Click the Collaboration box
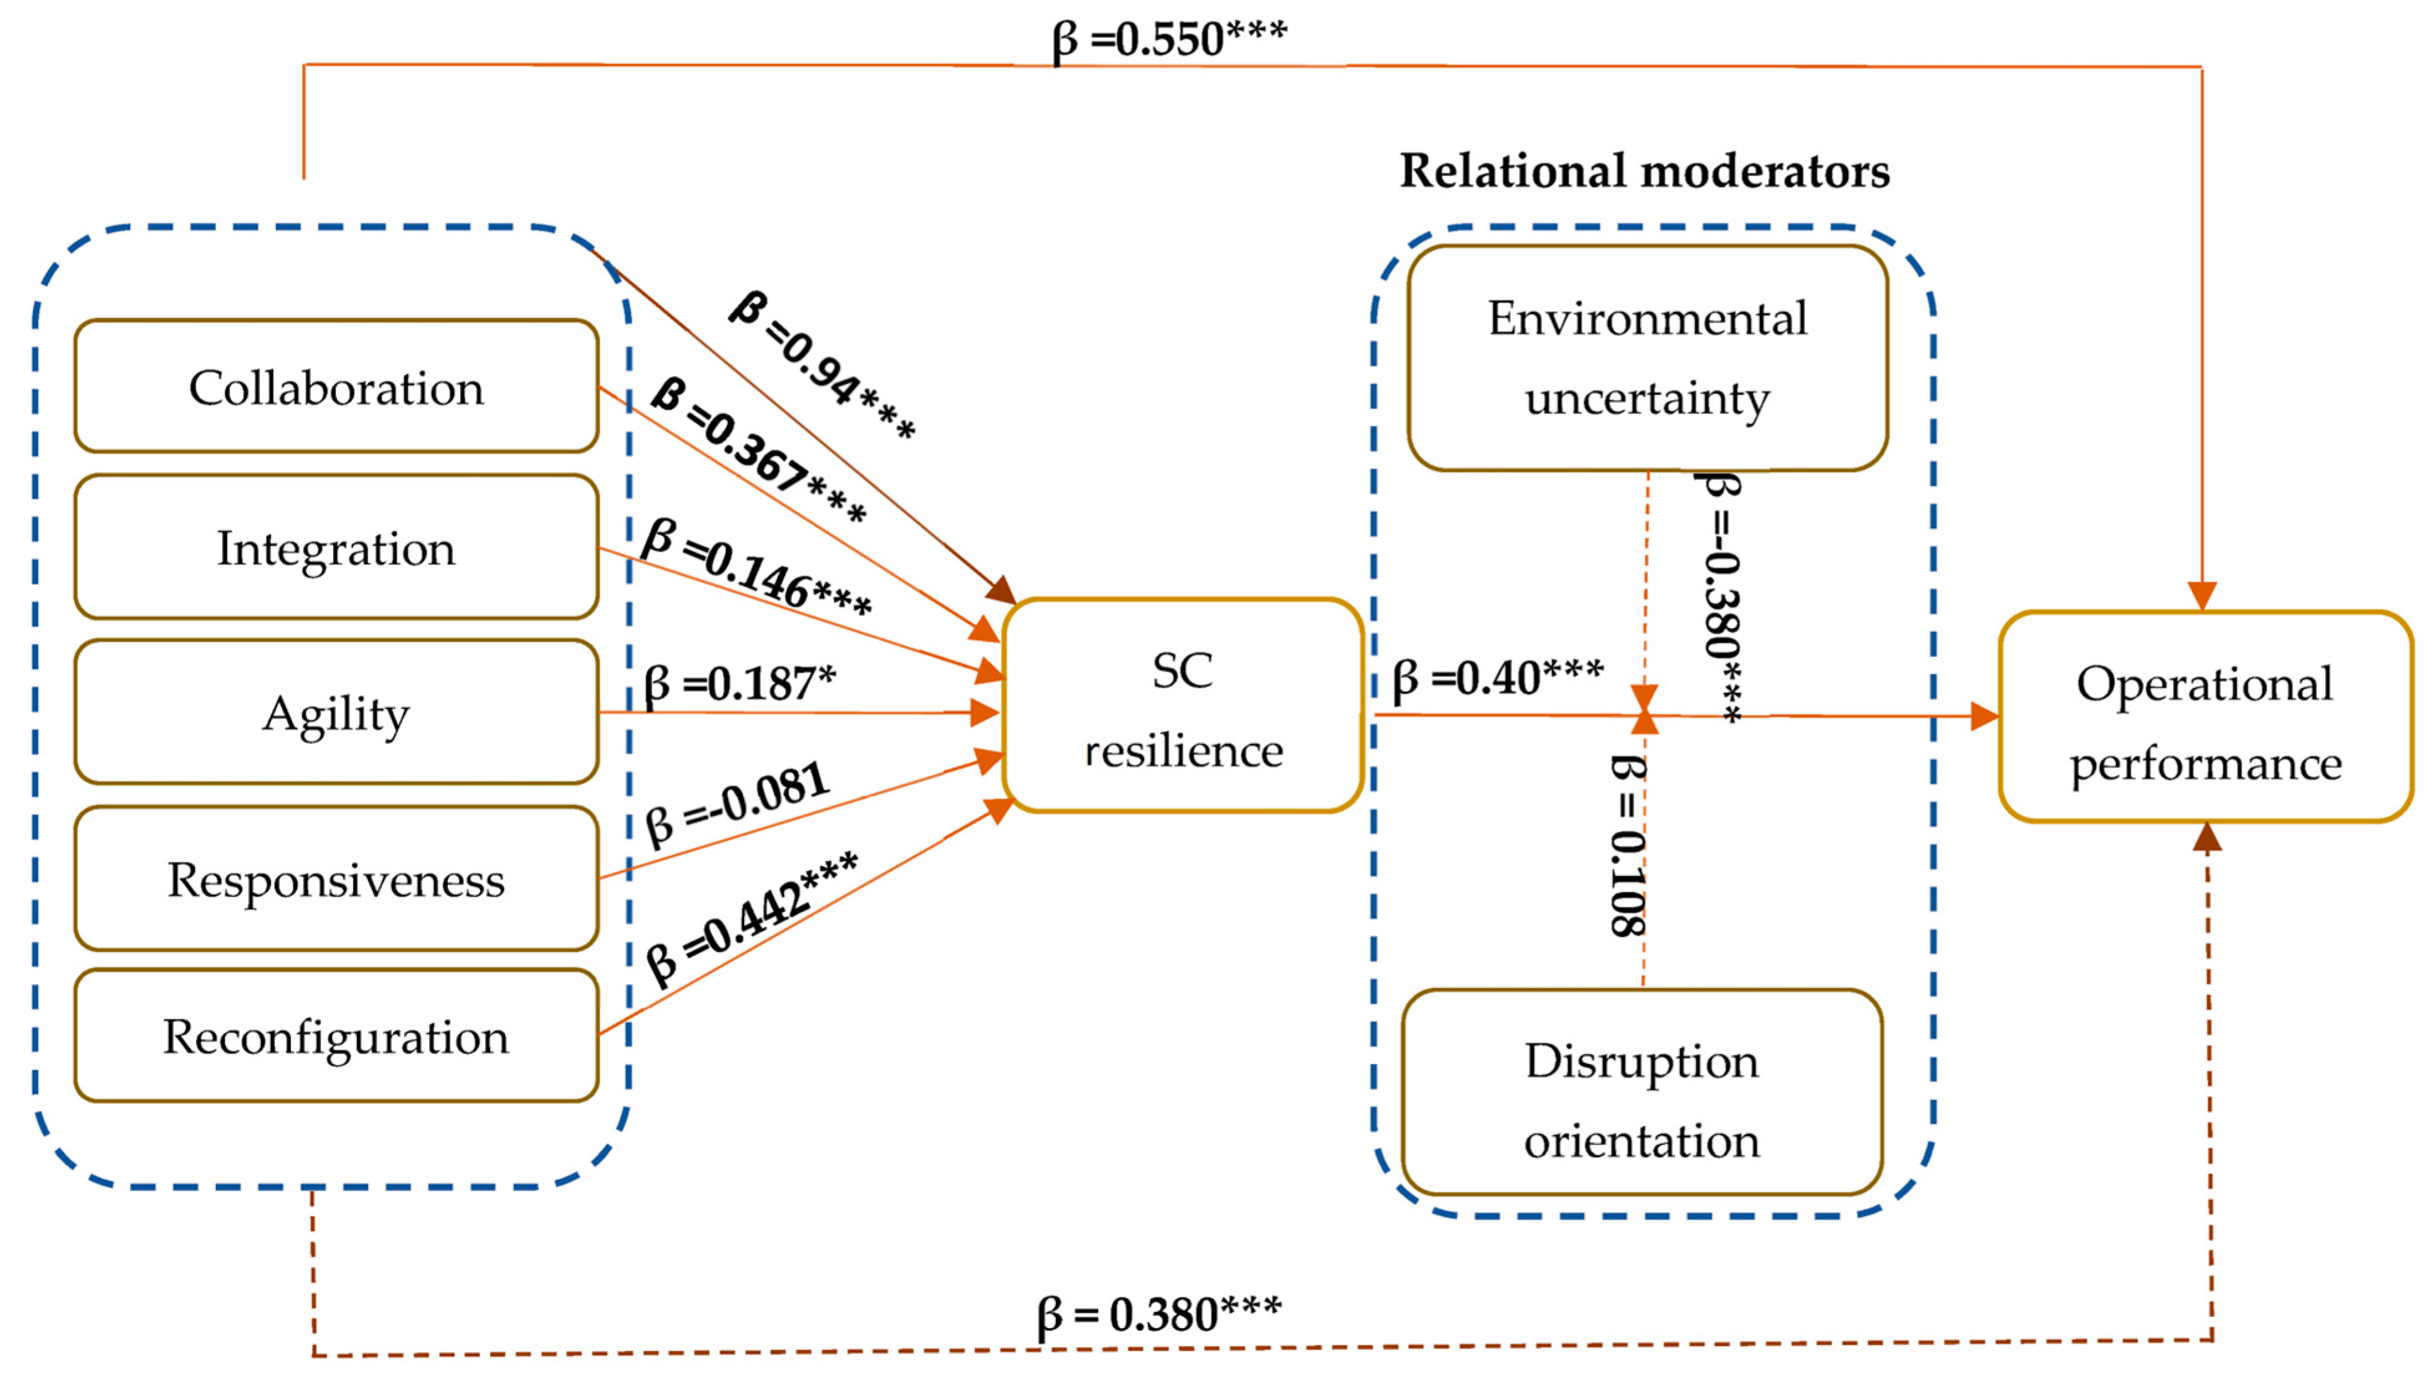(x=336, y=387)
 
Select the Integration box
(x=336, y=547)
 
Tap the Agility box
(x=336, y=712)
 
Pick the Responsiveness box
(x=336, y=879)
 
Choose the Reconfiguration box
(x=336, y=1035)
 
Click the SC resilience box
(x=1182, y=706)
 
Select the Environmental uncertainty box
(x=1647, y=358)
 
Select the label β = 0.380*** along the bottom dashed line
(x=1158, y=1314)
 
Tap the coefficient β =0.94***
(x=821, y=365)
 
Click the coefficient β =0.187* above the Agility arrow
(x=740, y=682)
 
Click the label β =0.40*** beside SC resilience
(x=1497, y=678)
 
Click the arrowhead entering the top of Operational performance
(x=2202, y=595)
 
